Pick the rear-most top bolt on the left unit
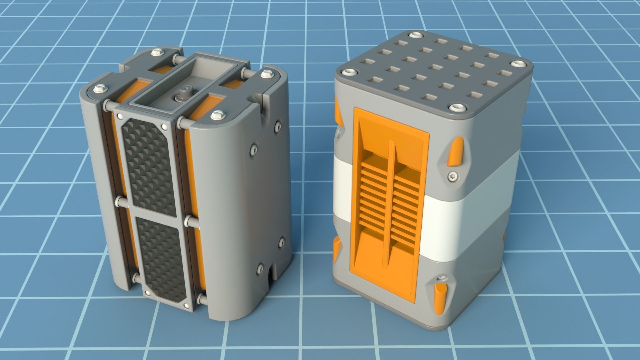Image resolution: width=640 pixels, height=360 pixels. tap(155, 53)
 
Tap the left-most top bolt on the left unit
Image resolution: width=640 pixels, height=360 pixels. tap(99, 89)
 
